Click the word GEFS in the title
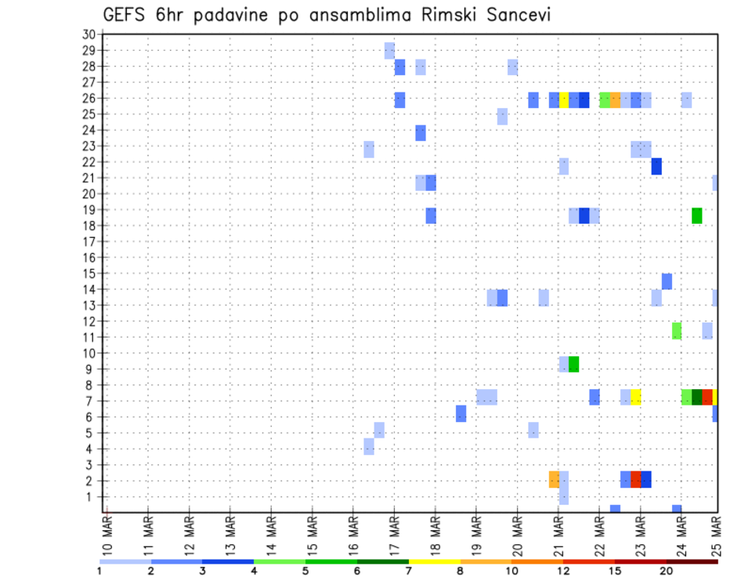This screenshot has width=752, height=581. [x=125, y=14]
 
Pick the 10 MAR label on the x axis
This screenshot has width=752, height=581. [x=107, y=536]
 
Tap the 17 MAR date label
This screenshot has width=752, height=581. [x=394, y=536]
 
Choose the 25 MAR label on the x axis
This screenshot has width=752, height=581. [x=716, y=536]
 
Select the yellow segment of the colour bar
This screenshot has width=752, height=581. [x=434, y=561]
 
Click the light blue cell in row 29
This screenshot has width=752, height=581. [x=389, y=51]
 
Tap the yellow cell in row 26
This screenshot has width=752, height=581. [x=563, y=99]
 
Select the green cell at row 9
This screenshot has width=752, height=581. [x=573, y=364]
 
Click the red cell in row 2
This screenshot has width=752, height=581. [x=635, y=479]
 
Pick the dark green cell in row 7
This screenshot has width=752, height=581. [x=696, y=397]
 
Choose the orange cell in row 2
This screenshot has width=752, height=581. [x=554, y=479]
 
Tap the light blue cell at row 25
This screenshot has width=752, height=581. [x=502, y=117]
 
